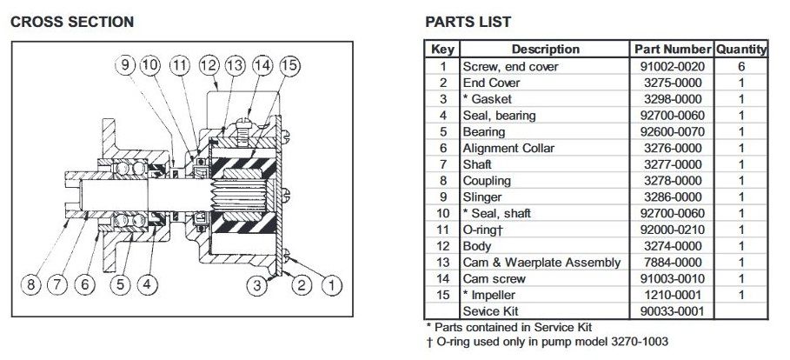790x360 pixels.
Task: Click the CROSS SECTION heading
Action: pyautogui.click(x=72, y=22)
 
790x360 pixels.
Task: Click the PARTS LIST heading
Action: pyautogui.click(x=468, y=22)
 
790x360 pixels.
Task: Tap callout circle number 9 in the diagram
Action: pyautogui.click(x=126, y=65)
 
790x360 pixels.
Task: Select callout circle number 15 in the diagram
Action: pyautogui.click(x=289, y=65)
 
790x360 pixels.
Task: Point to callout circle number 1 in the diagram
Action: pyautogui.click(x=334, y=283)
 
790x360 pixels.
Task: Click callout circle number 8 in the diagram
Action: pyautogui.click(x=29, y=283)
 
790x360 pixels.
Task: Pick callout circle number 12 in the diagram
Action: pyautogui.click(x=208, y=65)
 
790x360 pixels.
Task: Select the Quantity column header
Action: pyautogui.click(x=741, y=50)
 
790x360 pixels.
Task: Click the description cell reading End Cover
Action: pyautogui.click(x=491, y=83)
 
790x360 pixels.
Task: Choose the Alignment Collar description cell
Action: pyautogui.click(x=508, y=148)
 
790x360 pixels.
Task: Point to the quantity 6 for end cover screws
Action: pyautogui.click(x=741, y=66)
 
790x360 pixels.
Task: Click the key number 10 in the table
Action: pyautogui.click(x=442, y=213)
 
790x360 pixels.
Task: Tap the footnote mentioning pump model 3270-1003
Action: pyautogui.click(x=547, y=341)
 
